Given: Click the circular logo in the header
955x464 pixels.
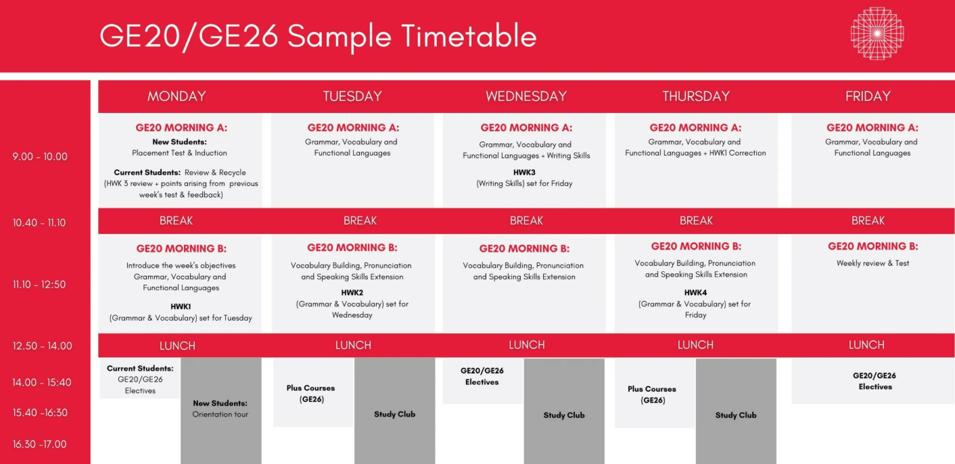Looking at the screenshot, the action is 877,33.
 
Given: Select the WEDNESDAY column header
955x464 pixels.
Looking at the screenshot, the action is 526,96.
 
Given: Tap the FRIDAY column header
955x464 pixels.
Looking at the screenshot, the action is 868,96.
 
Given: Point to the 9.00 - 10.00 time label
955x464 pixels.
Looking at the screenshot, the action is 40,156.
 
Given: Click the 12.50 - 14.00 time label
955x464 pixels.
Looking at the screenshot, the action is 42,346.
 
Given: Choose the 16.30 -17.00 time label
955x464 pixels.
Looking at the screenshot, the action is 40,444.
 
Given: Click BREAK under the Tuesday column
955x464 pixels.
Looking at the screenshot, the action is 360,221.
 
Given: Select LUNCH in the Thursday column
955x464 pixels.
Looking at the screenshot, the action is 695,344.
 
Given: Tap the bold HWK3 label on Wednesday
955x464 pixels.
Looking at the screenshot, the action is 524,172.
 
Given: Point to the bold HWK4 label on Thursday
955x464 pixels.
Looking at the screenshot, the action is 695,293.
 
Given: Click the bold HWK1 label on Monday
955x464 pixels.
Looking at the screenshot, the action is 181,306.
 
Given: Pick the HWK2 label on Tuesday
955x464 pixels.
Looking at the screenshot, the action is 352,293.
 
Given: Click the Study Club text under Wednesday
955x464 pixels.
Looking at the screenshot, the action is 563,415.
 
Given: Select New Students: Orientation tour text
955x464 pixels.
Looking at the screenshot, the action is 220,409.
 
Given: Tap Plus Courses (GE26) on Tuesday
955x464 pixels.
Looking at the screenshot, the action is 311,394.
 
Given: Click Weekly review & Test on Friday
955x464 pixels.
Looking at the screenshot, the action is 872,263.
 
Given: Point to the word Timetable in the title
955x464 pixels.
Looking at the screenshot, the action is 469,36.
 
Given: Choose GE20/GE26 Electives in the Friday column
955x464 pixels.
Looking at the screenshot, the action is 875,381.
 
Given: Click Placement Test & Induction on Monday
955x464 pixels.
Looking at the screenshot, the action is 179,153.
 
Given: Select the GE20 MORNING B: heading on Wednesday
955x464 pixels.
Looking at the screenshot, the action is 524,249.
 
